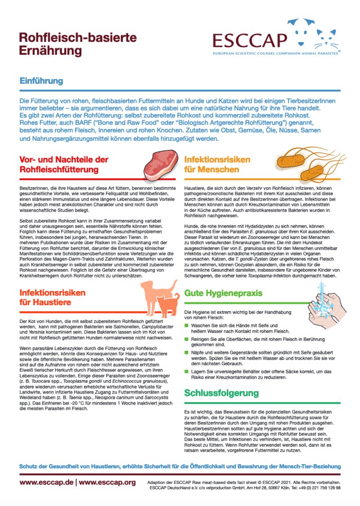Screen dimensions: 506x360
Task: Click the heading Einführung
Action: coord(41,81)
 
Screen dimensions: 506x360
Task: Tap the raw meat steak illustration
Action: coord(159,165)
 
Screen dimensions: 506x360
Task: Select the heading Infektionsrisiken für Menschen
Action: coord(217,165)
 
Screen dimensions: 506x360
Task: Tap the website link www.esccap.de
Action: coord(45,482)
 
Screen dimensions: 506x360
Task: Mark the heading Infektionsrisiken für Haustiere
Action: coord(52,297)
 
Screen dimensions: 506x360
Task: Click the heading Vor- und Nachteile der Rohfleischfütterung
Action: coord(64,165)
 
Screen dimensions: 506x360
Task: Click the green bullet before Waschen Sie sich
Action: coord(187,325)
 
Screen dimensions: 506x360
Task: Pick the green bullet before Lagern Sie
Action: coord(187,371)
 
